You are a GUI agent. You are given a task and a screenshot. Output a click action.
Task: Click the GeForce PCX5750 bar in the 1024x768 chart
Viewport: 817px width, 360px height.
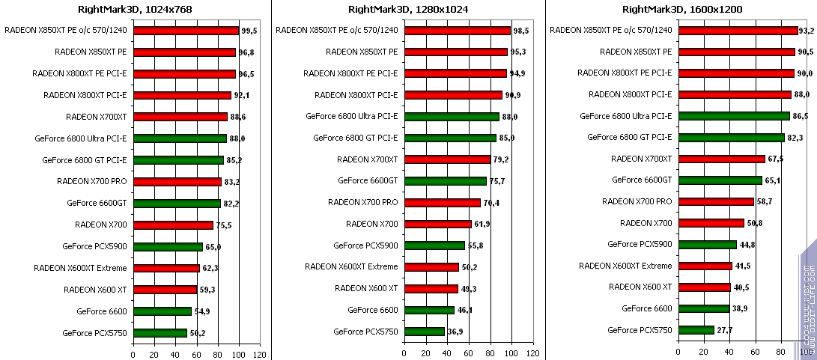160,333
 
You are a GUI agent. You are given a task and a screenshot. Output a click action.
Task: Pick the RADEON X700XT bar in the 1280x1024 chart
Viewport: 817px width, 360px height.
447,159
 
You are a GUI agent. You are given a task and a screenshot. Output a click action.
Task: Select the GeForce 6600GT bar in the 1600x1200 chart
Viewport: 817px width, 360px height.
720,180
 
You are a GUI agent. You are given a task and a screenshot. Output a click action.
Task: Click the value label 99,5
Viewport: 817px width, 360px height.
250,31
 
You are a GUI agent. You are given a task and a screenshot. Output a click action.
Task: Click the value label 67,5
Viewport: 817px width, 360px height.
776,159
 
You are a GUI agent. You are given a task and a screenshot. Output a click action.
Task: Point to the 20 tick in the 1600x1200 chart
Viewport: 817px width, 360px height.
703,352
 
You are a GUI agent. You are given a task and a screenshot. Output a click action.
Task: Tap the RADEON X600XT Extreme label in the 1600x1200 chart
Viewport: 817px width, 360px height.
626,266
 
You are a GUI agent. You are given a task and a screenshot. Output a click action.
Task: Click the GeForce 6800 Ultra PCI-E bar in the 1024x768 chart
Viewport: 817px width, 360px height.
180,138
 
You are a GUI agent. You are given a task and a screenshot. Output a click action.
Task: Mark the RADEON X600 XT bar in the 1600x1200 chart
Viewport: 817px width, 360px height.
704,287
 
